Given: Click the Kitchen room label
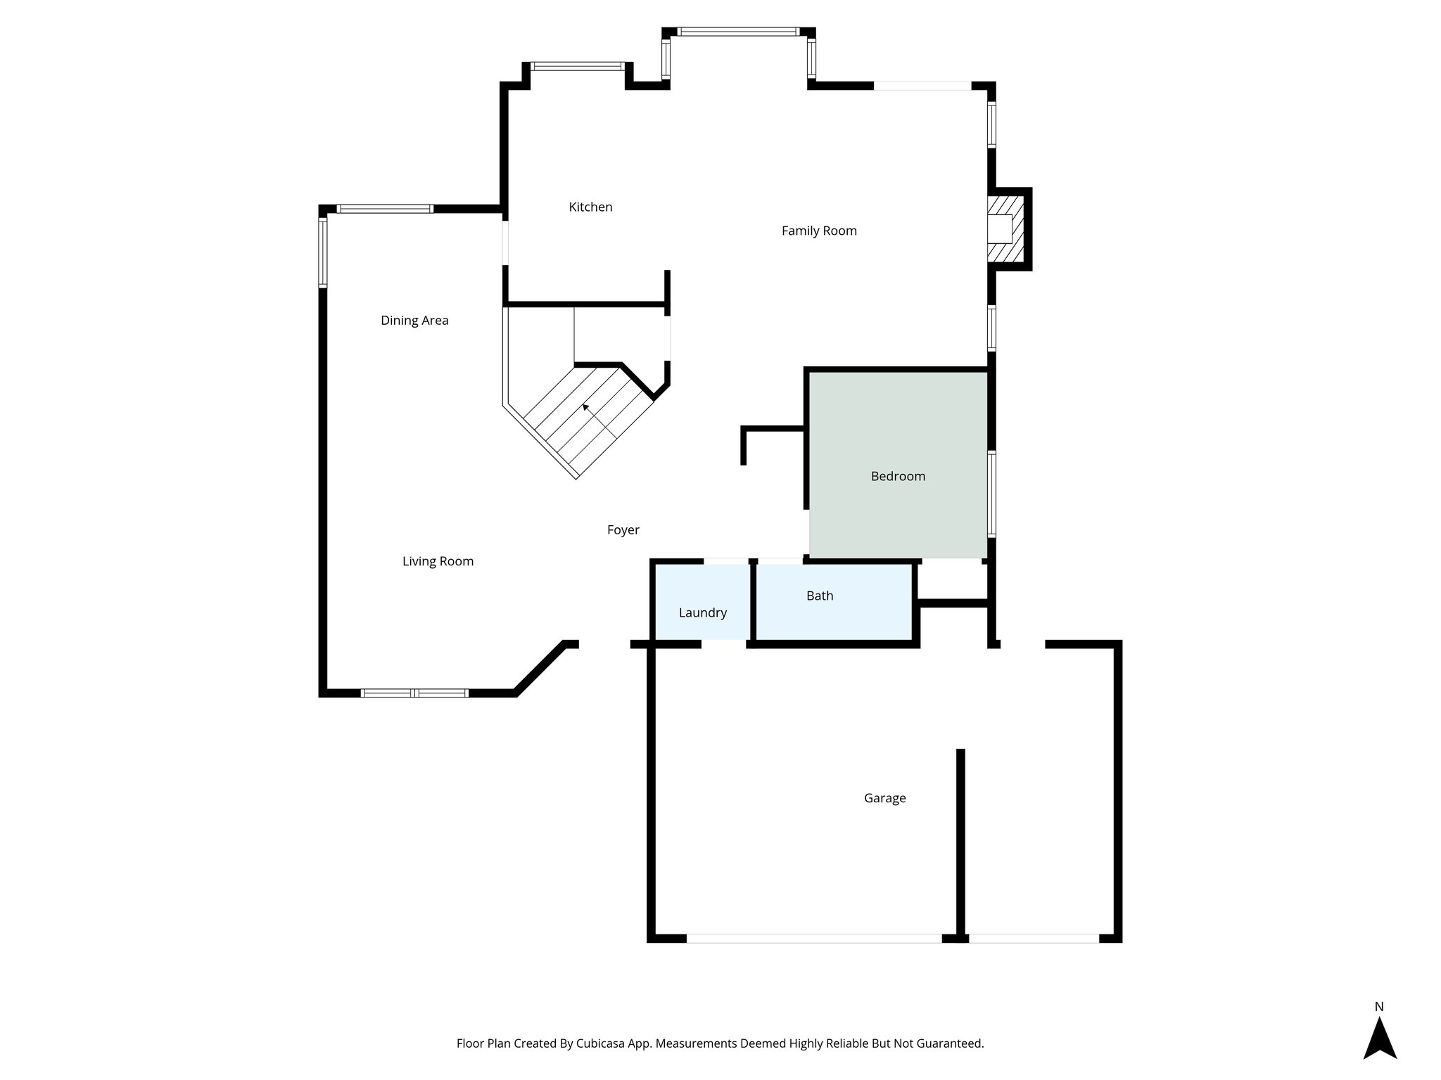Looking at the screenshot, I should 590,207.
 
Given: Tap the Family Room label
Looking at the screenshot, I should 819,231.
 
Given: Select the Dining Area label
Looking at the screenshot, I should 414,321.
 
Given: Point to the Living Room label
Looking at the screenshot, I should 438,561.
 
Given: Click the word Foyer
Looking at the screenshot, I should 623,530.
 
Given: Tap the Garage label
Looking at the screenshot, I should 884,798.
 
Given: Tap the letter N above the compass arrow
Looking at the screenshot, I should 1379,1007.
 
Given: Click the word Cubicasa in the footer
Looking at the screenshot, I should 602,1043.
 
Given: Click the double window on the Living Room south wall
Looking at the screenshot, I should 414,693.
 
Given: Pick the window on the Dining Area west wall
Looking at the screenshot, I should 323,251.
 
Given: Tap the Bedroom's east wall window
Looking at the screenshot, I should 991,494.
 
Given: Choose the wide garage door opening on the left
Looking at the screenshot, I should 813,938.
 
